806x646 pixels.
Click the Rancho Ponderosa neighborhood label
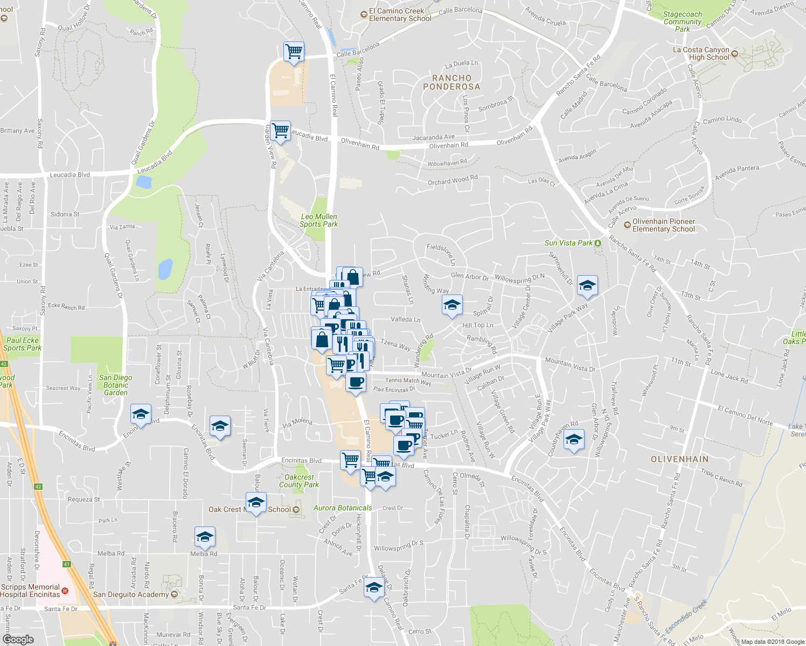coord(451,82)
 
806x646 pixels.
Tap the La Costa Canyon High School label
coord(701,53)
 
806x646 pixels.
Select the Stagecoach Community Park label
coord(682,22)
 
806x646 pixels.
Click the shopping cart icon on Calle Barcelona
coord(294,52)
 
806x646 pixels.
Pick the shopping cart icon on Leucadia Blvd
coord(280,131)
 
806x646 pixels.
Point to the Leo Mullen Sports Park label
coord(318,220)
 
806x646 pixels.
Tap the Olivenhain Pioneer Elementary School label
coord(663,225)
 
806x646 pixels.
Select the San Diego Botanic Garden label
coord(116,385)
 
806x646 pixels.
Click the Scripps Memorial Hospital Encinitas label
coord(31,591)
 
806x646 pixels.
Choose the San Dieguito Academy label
coord(131,594)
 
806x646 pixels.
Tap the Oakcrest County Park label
coord(299,481)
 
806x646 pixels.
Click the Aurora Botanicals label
coord(343,508)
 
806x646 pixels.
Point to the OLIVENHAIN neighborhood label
coord(679,459)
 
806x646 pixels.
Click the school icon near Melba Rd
coord(205,537)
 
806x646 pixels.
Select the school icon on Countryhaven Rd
coord(574,440)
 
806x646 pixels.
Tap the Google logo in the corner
coord(18,639)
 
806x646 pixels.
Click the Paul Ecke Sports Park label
coord(22,344)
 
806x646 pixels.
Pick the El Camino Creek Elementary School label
coord(400,15)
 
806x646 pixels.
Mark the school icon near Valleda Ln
coord(452,306)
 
